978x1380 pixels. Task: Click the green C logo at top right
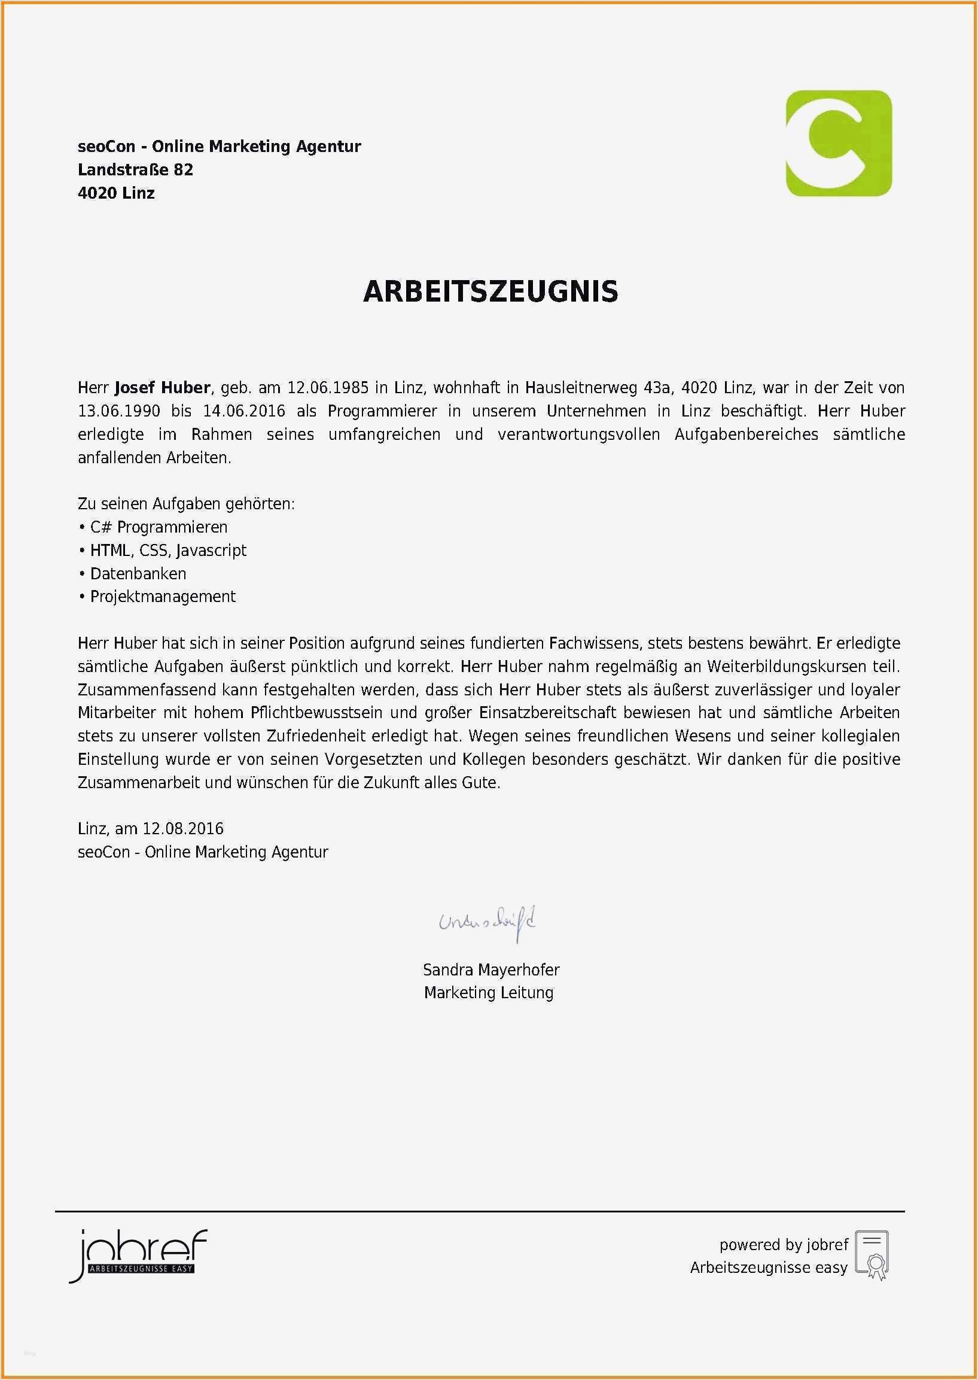(x=838, y=144)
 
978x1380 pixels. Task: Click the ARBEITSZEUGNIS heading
(x=490, y=291)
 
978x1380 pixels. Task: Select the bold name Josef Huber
(x=162, y=387)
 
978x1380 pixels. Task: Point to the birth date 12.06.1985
(x=328, y=387)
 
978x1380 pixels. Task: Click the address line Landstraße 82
(x=136, y=170)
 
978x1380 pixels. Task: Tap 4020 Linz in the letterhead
(x=116, y=193)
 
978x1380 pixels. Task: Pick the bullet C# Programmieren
(x=159, y=527)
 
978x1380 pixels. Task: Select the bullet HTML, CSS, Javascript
(x=168, y=550)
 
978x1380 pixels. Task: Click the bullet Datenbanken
(x=138, y=573)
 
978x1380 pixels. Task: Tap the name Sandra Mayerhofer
(x=491, y=970)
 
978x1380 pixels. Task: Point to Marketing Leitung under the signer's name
(x=488, y=993)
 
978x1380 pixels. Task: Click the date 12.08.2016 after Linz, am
(x=183, y=829)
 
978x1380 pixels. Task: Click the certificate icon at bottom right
(x=872, y=1256)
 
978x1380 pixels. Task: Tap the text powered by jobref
(x=784, y=1245)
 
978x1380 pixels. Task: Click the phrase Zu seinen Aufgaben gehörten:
(x=186, y=503)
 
